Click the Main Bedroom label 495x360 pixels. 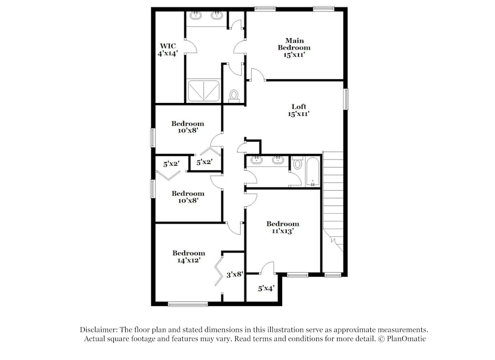pyautogui.click(x=294, y=48)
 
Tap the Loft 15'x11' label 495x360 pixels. pyautogui.click(x=298, y=110)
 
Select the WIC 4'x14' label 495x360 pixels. pyautogui.click(x=167, y=50)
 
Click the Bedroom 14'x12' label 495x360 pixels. pyautogui.click(x=189, y=256)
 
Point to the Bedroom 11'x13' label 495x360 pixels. pyautogui.click(x=283, y=227)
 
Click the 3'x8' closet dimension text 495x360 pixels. pyautogui.click(x=234, y=274)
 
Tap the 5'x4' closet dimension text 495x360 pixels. pyautogui.click(x=266, y=288)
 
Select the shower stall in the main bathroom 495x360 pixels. pyautogui.click(x=203, y=91)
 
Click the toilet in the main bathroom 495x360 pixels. pyautogui.click(x=234, y=95)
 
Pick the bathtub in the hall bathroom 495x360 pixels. pyautogui.click(x=312, y=172)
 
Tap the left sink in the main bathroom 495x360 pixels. pyautogui.click(x=197, y=15)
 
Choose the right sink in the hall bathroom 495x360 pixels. pyautogui.click(x=278, y=160)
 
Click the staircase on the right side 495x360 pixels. pyautogui.click(x=333, y=198)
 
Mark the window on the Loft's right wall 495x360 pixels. pyautogui.click(x=346, y=99)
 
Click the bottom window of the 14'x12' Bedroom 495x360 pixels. pyautogui.click(x=188, y=304)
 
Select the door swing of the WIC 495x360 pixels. pyautogui.click(x=191, y=47)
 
